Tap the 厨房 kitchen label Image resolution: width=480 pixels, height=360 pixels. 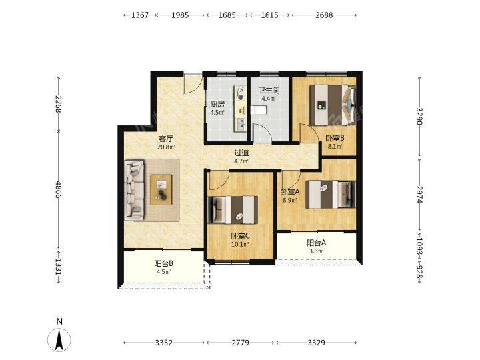(217, 104)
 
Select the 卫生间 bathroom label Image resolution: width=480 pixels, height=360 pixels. (269, 90)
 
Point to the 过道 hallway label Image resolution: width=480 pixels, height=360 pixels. (241, 153)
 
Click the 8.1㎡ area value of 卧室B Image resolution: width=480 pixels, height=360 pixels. (335, 146)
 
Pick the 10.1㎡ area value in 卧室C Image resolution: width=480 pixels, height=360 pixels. (240, 244)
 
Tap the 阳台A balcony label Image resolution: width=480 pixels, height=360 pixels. (316, 243)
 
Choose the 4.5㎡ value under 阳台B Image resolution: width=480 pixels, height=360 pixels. (164, 271)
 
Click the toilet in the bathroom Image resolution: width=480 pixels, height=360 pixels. (259, 110)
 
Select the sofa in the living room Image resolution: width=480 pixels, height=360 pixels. (134, 190)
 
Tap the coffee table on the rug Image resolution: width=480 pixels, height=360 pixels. (161, 190)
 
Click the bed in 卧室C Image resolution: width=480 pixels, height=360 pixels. (233, 210)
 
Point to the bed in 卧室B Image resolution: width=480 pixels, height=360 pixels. (333, 105)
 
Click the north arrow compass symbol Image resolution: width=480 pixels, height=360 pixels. (59, 339)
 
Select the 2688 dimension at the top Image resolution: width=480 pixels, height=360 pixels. (324, 15)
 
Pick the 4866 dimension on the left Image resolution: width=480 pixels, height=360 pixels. (59, 190)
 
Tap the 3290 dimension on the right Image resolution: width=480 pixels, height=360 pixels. (419, 116)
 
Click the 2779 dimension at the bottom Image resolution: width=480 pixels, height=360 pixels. (240, 343)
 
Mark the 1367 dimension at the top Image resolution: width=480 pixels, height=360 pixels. (140, 15)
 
